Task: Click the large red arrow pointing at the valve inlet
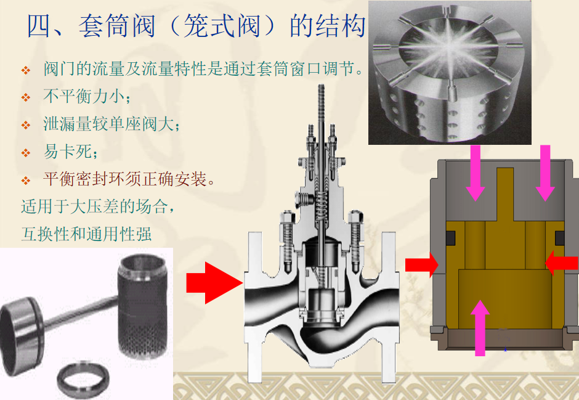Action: point(214,283)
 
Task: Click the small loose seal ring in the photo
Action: point(83,379)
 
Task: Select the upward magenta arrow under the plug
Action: point(480,328)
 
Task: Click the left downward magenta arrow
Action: point(476,173)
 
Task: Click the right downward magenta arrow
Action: point(545,173)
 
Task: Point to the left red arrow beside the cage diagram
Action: point(422,264)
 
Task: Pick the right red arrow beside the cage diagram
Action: point(562,263)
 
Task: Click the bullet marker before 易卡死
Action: point(26,152)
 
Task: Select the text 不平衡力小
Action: point(84,96)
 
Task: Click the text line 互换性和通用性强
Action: point(86,234)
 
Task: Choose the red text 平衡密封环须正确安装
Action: point(125,179)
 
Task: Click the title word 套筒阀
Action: point(117,26)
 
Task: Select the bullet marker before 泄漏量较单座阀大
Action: point(26,125)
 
